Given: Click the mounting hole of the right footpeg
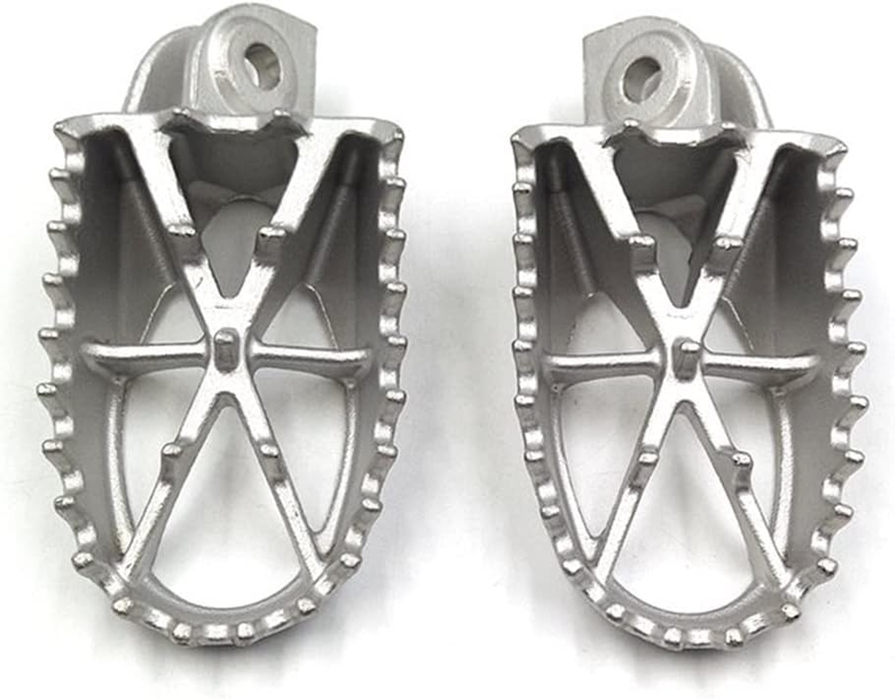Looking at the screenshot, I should point(642,77).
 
